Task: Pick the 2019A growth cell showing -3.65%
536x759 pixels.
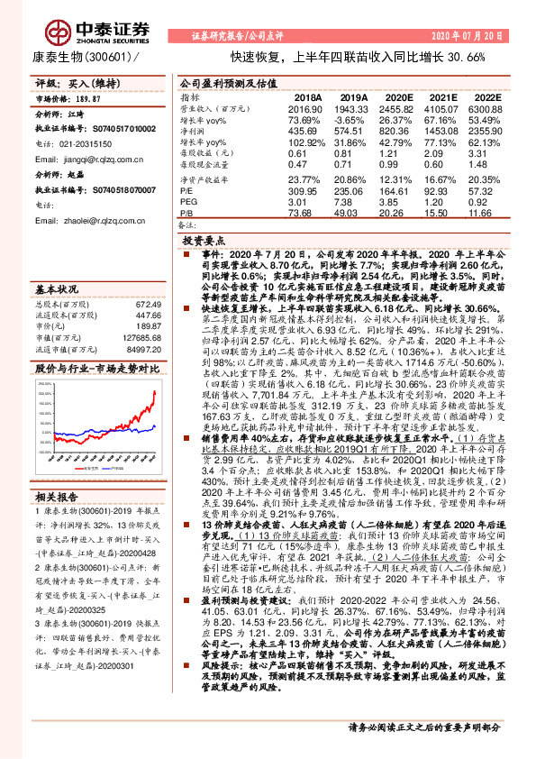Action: coord(352,119)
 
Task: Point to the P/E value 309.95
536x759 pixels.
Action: coord(303,192)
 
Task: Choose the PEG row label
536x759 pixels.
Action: coord(187,204)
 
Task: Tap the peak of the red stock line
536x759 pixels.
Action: coord(154,391)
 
